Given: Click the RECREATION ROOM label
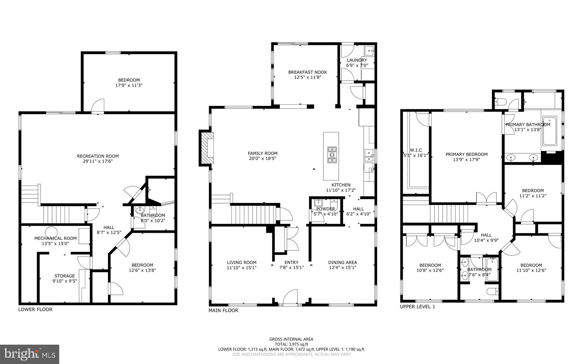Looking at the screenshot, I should [x=98, y=156].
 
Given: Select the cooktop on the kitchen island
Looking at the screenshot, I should [x=331, y=155].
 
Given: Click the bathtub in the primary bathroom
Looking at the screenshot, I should [x=550, y=131].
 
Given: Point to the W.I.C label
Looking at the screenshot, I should [x=416, y=150].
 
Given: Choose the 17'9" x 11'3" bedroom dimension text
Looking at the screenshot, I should [x=129, y=85].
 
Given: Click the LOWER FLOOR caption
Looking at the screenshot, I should [x=35, y=309].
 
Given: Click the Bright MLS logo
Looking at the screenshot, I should [x=29, y=354].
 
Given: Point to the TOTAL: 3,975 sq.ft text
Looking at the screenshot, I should [x=291, y=344].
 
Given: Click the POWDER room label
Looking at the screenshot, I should [x=326, y=209].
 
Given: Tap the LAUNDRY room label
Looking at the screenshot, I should [x=357, y=60].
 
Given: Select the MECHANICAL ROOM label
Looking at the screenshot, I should [x=55, y=238].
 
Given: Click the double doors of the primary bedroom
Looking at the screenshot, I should [x=486, y=198].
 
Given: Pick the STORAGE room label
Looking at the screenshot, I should [x=65, y=276].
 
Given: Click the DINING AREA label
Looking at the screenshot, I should [x=342, y=262].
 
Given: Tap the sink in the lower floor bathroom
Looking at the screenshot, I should [x=140, y=210].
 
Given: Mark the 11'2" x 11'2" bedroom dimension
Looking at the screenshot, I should [x=533, y=196].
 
